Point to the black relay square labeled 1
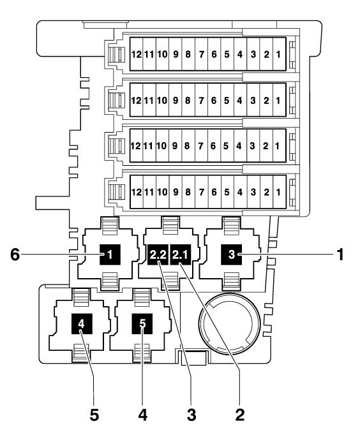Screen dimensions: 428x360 click(110, 255)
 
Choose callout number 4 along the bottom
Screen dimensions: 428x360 click(142, 415)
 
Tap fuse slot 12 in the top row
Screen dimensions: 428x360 click(136, 54)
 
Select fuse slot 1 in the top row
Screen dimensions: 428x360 click(278, 54)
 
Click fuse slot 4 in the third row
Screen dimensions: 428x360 click(239, 145)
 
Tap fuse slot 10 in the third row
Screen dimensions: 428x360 click(162, 145)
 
